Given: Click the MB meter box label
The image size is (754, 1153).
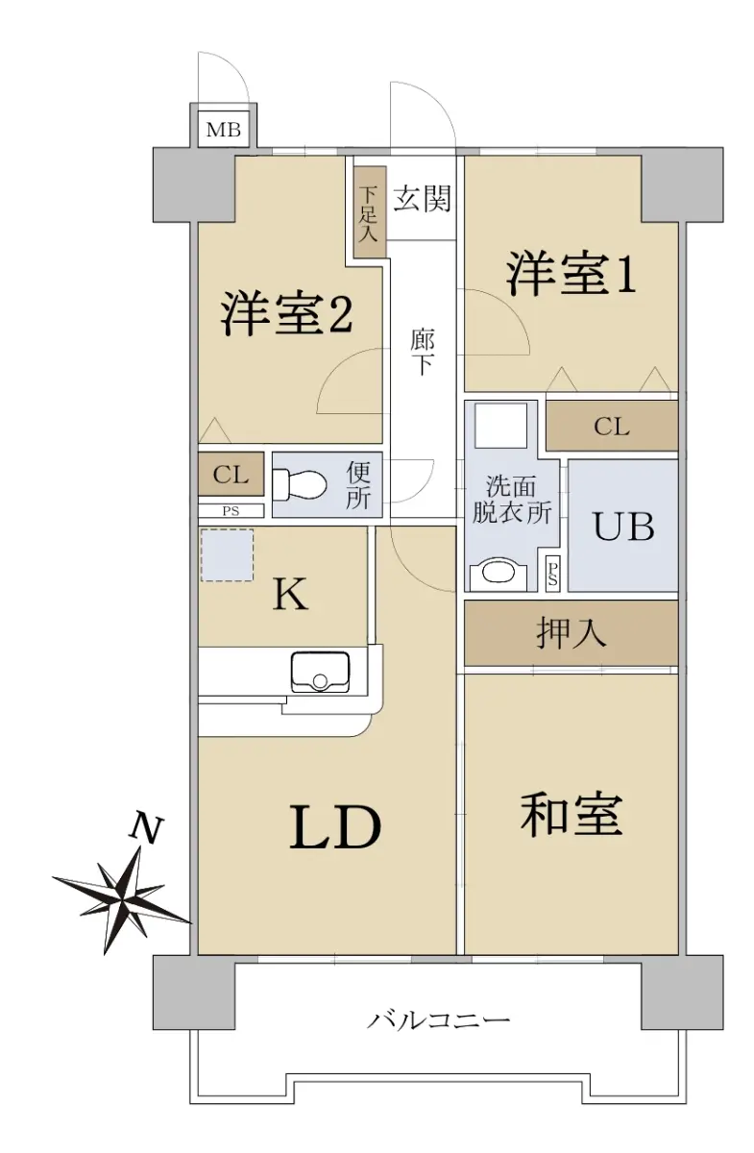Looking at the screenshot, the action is pos(224,130).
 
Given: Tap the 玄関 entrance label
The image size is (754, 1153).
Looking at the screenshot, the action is pos(422,199).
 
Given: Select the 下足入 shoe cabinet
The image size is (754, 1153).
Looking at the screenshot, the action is pos(370,212).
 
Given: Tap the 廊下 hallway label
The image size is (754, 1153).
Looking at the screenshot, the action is pos(423,352).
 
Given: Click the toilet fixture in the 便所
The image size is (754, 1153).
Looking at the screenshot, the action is pos(299,484).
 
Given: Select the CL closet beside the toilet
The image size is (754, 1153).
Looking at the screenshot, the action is pos(231,474).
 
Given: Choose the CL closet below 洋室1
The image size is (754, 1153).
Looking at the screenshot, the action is pos(612,427).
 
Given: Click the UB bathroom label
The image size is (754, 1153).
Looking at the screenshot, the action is pos(623,527).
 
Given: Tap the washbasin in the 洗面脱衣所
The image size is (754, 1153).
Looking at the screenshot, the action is pos(498,575).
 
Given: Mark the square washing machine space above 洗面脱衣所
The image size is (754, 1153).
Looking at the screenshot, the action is pos(500,425).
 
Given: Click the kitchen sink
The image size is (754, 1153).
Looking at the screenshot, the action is pos(320,673).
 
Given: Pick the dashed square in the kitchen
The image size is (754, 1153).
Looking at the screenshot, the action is pos(227,555).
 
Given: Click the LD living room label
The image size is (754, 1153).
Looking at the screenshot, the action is pos(335,826).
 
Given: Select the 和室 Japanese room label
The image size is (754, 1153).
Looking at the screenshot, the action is pos(572,814).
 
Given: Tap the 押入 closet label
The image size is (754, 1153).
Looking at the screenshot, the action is pos(572,632).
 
